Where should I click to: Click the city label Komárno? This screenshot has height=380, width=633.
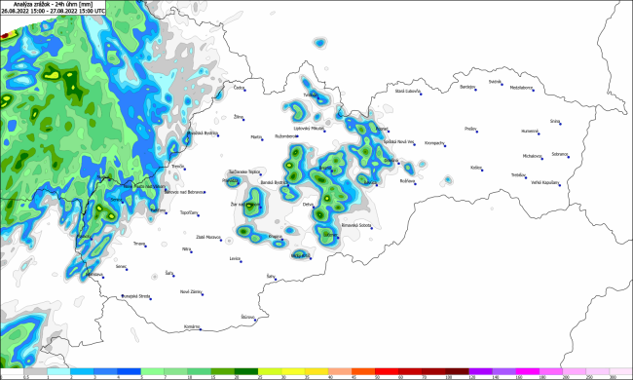191,326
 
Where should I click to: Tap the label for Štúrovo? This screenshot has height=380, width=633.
249,317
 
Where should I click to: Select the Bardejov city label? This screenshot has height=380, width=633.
467,86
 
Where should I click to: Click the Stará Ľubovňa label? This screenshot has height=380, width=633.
407,91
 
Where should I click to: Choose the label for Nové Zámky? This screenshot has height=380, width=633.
190,291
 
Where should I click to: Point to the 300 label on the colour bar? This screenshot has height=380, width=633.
613,375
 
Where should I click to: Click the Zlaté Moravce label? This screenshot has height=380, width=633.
207,237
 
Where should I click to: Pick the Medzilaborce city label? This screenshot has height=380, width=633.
521,87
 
